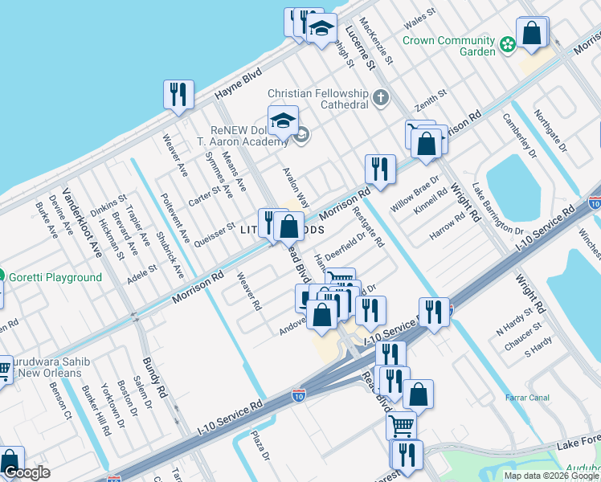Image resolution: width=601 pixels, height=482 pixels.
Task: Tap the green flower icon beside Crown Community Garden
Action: pyautogui.click(x=507, y=44)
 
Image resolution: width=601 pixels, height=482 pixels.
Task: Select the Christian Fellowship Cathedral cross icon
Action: pyautogui.click(x=380, y=99)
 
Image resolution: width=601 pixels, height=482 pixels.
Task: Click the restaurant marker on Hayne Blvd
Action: pyautogui.click(x=177, y=95)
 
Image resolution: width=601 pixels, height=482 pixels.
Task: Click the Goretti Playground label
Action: pyautogui.click(x=55, y=278)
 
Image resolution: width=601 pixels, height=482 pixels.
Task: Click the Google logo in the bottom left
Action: pyautogui.click(x=27, y=472)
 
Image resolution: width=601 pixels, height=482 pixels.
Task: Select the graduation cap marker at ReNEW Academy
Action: pyautogui.click(x=283, y=121)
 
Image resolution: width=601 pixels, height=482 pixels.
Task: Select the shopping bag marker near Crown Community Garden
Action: pyautogui.click(x=532, y=34)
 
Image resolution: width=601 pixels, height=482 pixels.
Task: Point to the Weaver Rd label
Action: pyautogui.click(x=250, y=292)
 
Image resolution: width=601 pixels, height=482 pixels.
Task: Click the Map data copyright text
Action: pyautogui.click(x=551, y=476)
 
